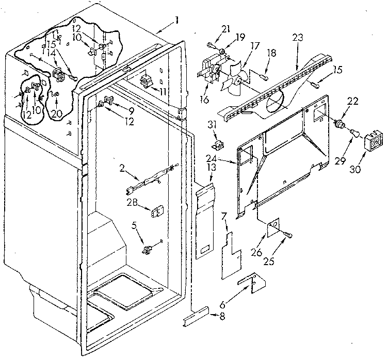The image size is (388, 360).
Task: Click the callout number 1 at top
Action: [177, 21]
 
